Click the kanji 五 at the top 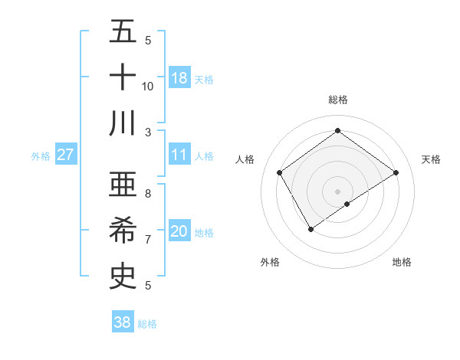click(122, 32)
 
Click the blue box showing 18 click(179, 77)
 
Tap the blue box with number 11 click(179, 155)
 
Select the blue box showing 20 click(179, 231)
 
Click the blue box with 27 click(65, 155)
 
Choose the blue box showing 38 click(123, 322)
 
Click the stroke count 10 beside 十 click(148, 86)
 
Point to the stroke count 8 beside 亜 click(148, 194)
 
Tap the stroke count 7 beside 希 click(148, 240)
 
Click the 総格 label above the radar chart click(337, 100)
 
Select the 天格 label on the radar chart click(431, 159)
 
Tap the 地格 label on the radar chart click(402, 262)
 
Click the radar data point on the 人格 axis click(280, 172)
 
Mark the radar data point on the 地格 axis click(347, 204)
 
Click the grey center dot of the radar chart click(337, 191)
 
